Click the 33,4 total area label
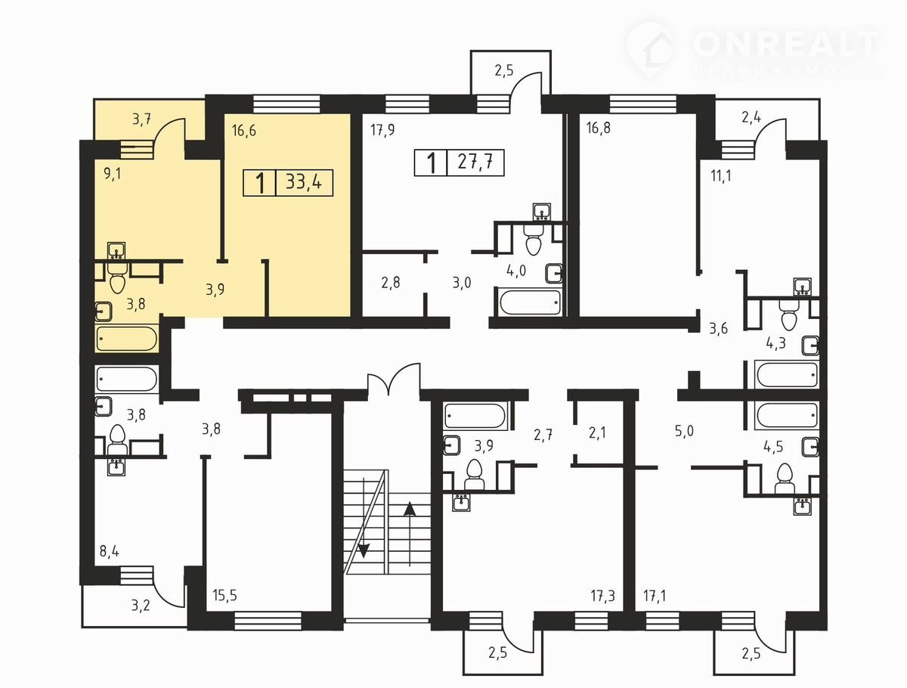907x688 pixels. tap(304, 182)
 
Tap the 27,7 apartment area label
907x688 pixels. tap(475, 162)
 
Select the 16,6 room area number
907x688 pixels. tap(244, 131)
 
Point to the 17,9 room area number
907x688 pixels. tap(382, 131)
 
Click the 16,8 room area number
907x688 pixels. tap(599, 128)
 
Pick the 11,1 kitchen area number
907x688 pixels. tap(720, 176)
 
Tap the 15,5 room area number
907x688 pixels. tap(224, 596)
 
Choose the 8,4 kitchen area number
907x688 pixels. tap(110, 551)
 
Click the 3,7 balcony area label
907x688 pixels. tap(142, 119)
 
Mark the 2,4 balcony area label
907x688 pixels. tap(751, 118)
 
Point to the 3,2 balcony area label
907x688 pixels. tap(141, 606)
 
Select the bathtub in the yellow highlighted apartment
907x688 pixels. tap(127, 339)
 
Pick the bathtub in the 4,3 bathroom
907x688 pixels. tap(786, 374)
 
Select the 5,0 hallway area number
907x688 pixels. tap(684, 431)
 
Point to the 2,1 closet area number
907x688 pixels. tap(597, 433)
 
